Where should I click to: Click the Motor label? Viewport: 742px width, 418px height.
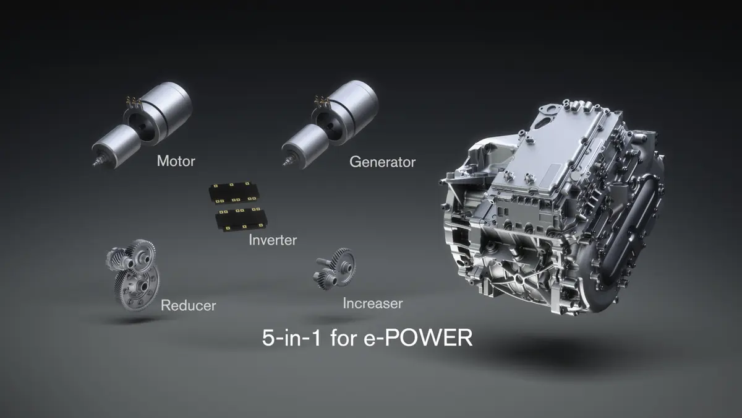point(176,162)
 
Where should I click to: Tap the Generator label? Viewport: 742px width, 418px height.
point(382,162)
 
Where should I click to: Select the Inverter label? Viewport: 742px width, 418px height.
point(273,240)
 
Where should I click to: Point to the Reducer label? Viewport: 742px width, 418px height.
point(188,305)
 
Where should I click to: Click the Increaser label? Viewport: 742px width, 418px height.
point(372,303)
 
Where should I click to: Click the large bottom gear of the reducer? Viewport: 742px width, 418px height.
point(137,287)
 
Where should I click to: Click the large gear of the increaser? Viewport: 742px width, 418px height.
point(342,263)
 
